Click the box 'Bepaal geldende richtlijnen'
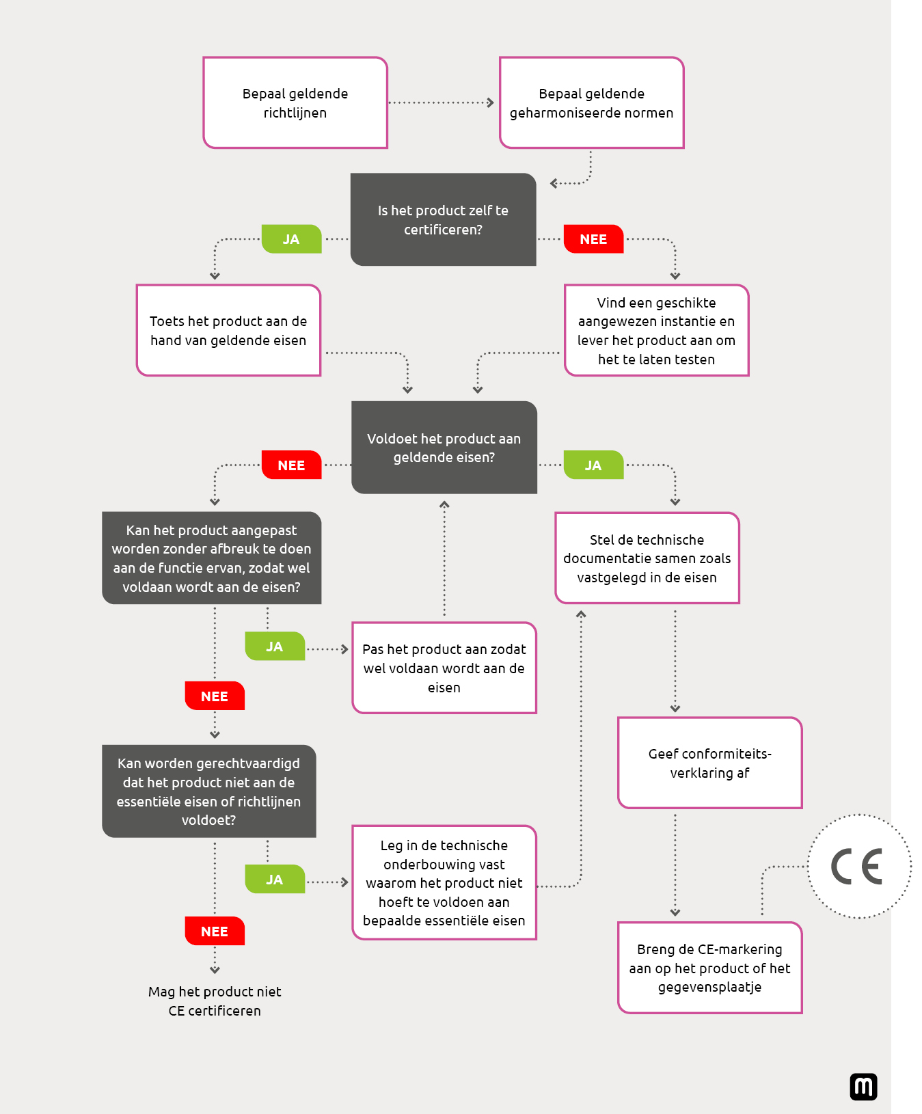pos(295,103)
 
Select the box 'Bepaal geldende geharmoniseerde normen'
pos(591,103)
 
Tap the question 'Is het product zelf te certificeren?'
pos(443,219)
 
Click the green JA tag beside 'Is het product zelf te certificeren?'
pos(291,239)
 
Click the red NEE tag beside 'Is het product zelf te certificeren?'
pos(593,239)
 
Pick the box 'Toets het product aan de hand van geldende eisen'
pos(228,331)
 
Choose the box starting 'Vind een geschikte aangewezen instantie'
pos(656,331)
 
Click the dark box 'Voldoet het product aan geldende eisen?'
pos(444,448)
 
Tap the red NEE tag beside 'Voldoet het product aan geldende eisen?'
pos(291,465)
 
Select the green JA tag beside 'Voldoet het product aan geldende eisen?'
pos(593,465)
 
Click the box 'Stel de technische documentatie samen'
pos(647,558)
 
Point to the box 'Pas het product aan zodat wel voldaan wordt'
pos(444,668)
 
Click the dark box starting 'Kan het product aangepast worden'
pos(211,558)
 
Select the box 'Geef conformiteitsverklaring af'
pos(709,763)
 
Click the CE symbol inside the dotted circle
pos(858,867)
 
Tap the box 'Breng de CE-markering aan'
pos(709,968)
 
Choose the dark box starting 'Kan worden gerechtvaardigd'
pos(208,791)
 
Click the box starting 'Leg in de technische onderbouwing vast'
pos(444,883)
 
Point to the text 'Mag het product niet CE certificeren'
pos(215,1001)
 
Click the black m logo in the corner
pos(863,1087)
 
